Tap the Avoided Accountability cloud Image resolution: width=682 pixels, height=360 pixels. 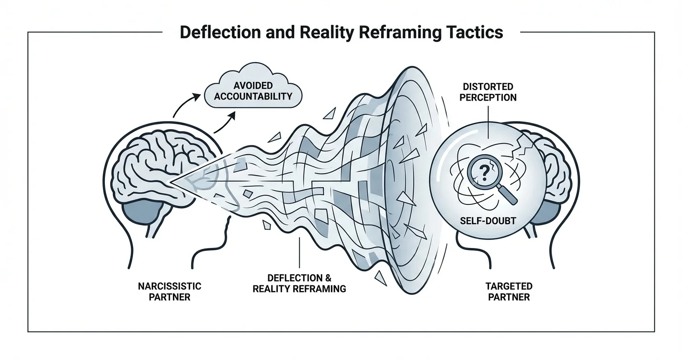pos(252,90)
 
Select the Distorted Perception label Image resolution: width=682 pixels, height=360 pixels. pos(488,92)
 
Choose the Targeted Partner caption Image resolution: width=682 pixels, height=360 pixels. pos(509,291)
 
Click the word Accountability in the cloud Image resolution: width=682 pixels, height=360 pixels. pos(252,96)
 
